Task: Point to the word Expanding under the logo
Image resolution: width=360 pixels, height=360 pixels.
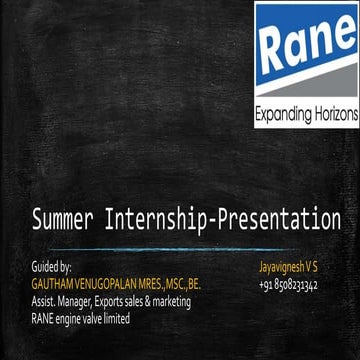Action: point(282,115)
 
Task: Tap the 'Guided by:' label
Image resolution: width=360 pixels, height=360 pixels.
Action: point(51,268)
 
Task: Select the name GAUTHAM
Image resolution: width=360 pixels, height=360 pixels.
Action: point(52,285)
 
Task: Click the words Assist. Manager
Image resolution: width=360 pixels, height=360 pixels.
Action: point(60,302)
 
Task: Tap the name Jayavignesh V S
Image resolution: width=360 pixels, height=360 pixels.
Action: point(288,268)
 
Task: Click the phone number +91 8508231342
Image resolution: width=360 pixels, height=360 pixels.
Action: point(288,285)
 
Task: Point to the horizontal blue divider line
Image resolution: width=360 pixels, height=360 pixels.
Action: point(180,248)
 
